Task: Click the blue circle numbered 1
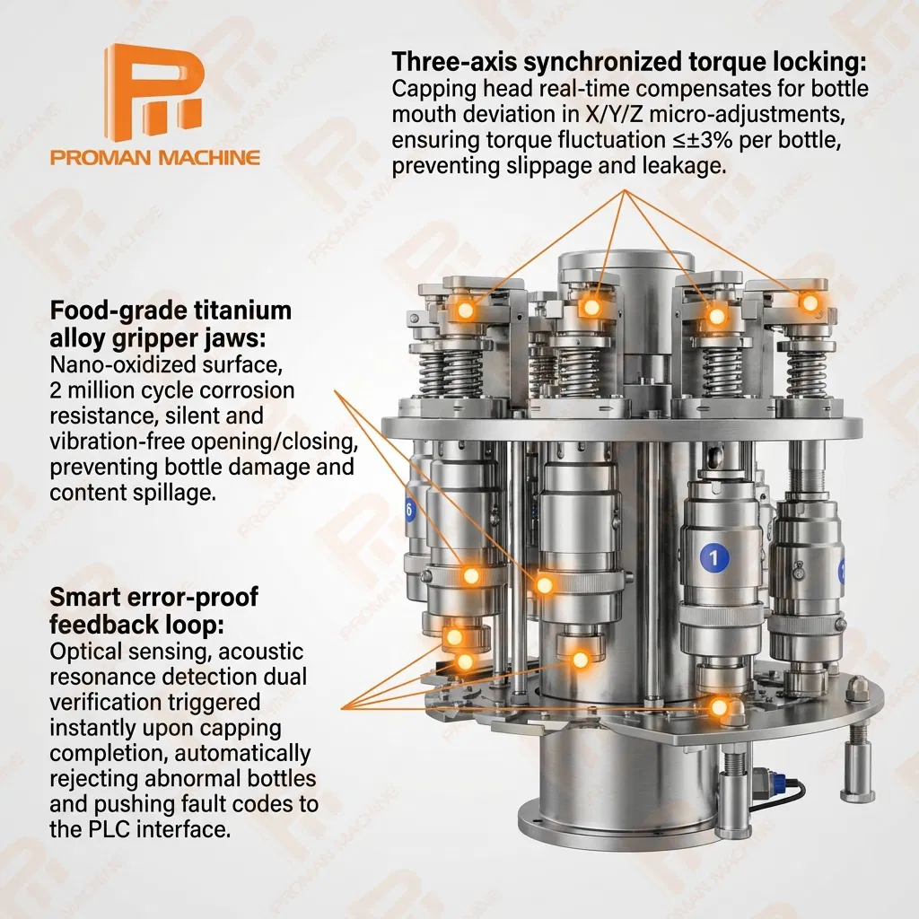coord(713,556)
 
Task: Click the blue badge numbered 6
coord(409,510)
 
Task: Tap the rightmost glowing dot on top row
coord(810,303)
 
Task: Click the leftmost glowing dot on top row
coord(466,310)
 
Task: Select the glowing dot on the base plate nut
coord(719,707)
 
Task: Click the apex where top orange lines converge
coord(625,190)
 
